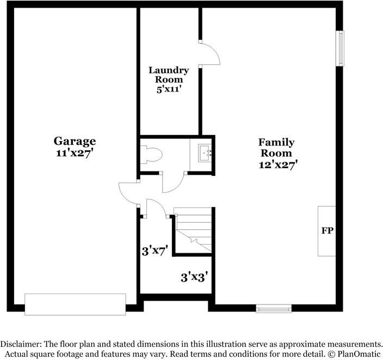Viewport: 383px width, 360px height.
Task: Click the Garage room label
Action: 75,141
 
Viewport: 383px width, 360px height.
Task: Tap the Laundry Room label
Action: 169,75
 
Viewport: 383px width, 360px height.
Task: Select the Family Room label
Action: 276,148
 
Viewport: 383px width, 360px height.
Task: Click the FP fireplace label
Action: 328,230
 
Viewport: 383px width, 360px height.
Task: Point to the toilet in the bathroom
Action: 151,155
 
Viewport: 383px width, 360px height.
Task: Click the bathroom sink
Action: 205,153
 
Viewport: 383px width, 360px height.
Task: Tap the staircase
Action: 193,230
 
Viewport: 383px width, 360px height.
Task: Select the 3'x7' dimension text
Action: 155,251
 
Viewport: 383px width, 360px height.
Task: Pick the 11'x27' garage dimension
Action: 75,153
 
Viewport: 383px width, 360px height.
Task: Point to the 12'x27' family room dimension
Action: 278,164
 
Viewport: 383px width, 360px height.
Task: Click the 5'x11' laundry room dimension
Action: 169,89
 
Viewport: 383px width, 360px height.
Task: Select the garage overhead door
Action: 75,304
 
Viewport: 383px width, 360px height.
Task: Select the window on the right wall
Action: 340,48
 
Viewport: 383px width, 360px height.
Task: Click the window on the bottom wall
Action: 274,309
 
